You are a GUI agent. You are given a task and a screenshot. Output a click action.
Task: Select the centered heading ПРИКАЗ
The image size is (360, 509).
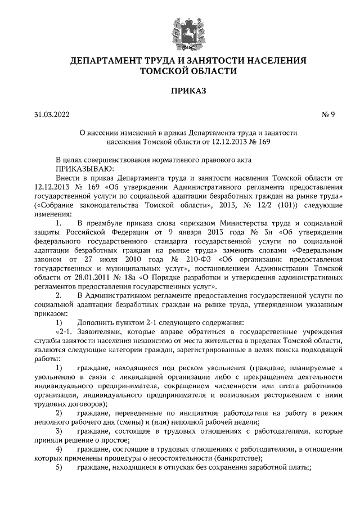point(180,89)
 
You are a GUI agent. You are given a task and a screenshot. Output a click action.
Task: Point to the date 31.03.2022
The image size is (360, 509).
point(51,116)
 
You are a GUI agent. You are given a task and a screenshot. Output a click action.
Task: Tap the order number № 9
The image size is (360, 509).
point(328,116)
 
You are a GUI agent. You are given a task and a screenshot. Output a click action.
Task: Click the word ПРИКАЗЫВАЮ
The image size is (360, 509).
point(84,168)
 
